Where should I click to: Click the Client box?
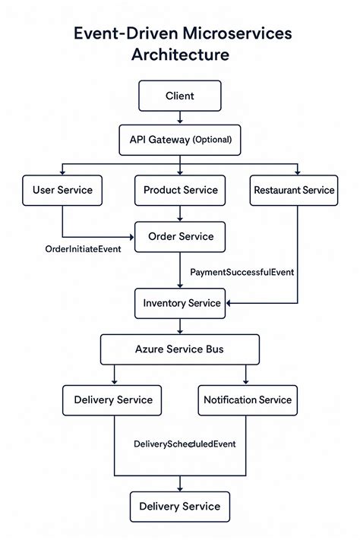pyautogui.click(x=179, y=96)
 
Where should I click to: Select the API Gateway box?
pyautogui.click(x=179, y=140)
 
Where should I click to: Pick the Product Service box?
pyautogui.click(x=180, y=190)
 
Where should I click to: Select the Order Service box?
pyautogui.click(x=179, y=236)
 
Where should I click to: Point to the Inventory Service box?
pyautogui.click(x=182, y=303)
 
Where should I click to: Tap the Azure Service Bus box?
pyautogui.click(x=179, y=349)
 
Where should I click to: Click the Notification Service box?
pyautogui.click(x=247, y=399)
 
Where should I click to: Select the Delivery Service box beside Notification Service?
pyautogui.click(x=113, y=399)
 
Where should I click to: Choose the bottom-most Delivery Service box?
pyautogui.click(x=179, y=507)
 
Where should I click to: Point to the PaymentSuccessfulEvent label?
pyautogui.click(x=242, y=271)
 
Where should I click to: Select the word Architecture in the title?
pyautogui.click(x=179, y=55)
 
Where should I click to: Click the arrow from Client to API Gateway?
pyautogui.click(x=179, y=118)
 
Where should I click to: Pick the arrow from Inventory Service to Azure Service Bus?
pyautogui.click(x=179, y=327)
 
